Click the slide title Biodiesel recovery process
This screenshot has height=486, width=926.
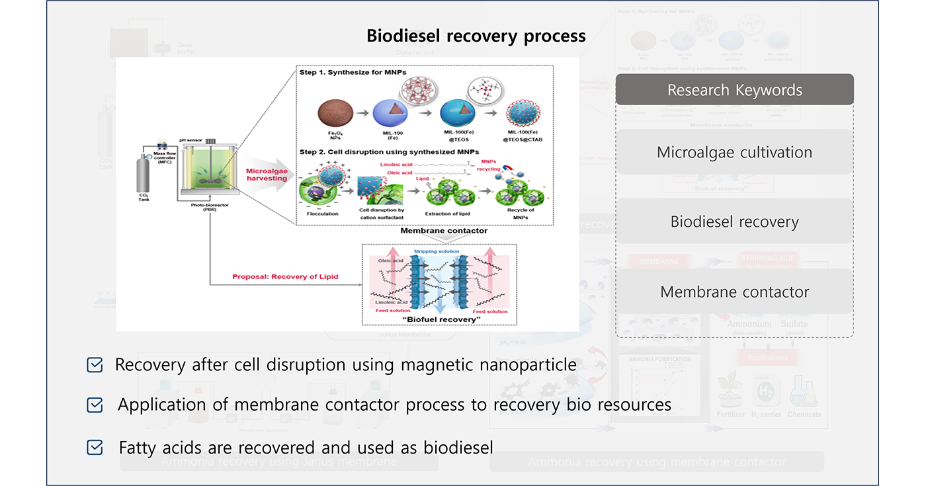476,36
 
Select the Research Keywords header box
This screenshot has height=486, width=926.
734,90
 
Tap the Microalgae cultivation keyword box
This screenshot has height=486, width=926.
734,152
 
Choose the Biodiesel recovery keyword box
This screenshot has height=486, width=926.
734,222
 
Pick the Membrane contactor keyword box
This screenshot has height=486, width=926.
734,292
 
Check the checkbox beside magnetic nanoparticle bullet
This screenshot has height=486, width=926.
95,365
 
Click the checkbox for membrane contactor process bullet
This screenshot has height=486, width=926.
95,405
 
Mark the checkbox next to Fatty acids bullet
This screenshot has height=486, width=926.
95,448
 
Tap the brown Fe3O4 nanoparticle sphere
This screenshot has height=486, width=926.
335,112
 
